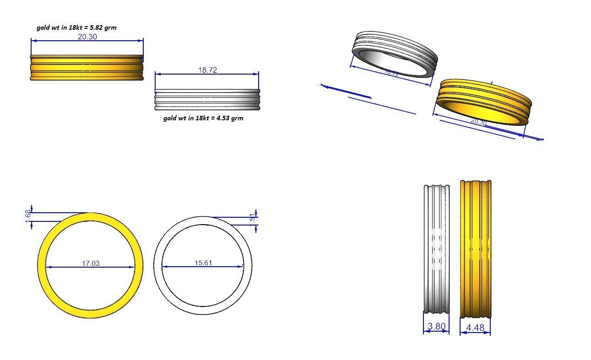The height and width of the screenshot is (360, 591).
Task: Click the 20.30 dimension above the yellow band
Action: point(87,37)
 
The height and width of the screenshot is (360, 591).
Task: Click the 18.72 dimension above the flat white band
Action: point(207,70)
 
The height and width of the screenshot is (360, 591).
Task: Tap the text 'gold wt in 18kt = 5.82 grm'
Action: point(76,27)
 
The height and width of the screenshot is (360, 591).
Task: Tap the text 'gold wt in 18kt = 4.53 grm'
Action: point(203,118)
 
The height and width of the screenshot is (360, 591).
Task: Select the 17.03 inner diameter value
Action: point(91,263)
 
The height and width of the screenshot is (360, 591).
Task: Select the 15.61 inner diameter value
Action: point(203,263)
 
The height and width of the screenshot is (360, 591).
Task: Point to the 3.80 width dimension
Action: point(436,327)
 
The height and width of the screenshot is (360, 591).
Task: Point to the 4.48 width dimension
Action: point(475,328)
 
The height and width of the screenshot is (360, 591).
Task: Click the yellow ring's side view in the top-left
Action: point(87,68)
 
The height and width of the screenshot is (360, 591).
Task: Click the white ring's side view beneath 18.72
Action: point(207,99)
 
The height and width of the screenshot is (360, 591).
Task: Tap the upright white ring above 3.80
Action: point(437,249)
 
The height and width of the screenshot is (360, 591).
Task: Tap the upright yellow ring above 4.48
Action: point(476,249)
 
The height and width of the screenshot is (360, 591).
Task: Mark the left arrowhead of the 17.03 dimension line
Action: point(48,267)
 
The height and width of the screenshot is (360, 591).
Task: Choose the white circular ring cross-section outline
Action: point(157,265)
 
